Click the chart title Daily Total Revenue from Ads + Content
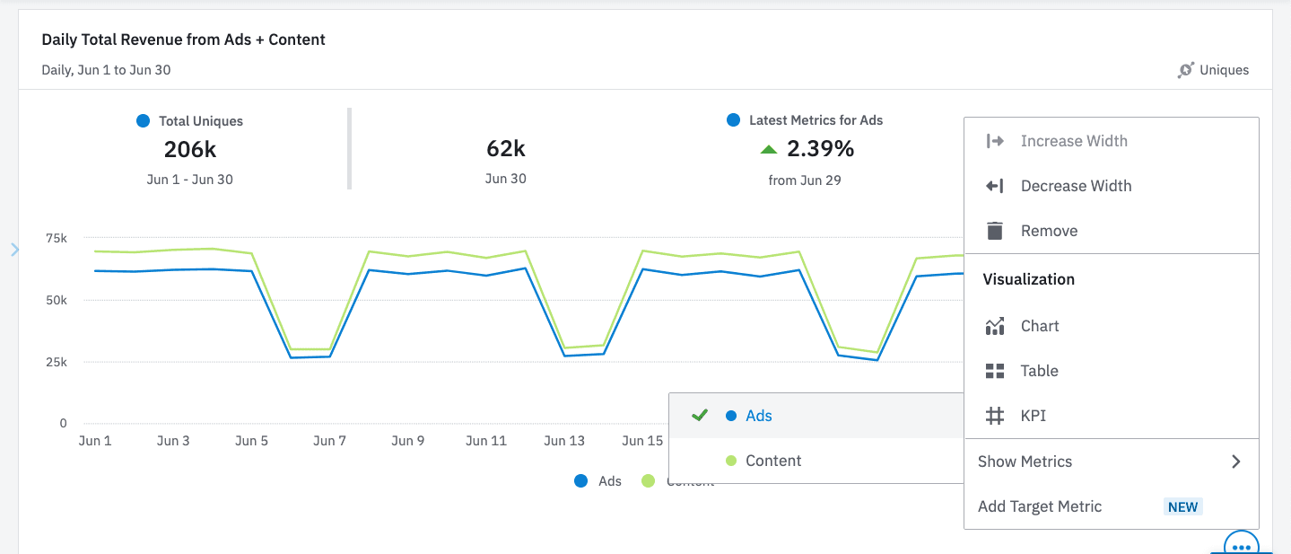tap(183, 40)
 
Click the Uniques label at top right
tap(1224, 70)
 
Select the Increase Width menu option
tap(1074, 141)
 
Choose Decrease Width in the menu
tap(1076, 186)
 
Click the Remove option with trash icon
tap(1049, 231)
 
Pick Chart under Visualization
tap(1040, 326)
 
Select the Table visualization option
tap(1039, 371)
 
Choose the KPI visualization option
tap(1033, 416)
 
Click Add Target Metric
tap(1040, 506)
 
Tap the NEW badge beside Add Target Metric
tap(1182, 506)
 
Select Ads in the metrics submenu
tap(758, 416)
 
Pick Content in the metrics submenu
tap(772, 461)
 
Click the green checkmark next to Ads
tap(700, 416)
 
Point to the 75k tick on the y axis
tap(57, 238)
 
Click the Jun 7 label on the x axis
tap(330, 441)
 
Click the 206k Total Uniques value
tap(190, 149)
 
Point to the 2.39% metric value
tap(819, 148)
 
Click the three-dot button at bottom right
tap(1242, 545)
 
